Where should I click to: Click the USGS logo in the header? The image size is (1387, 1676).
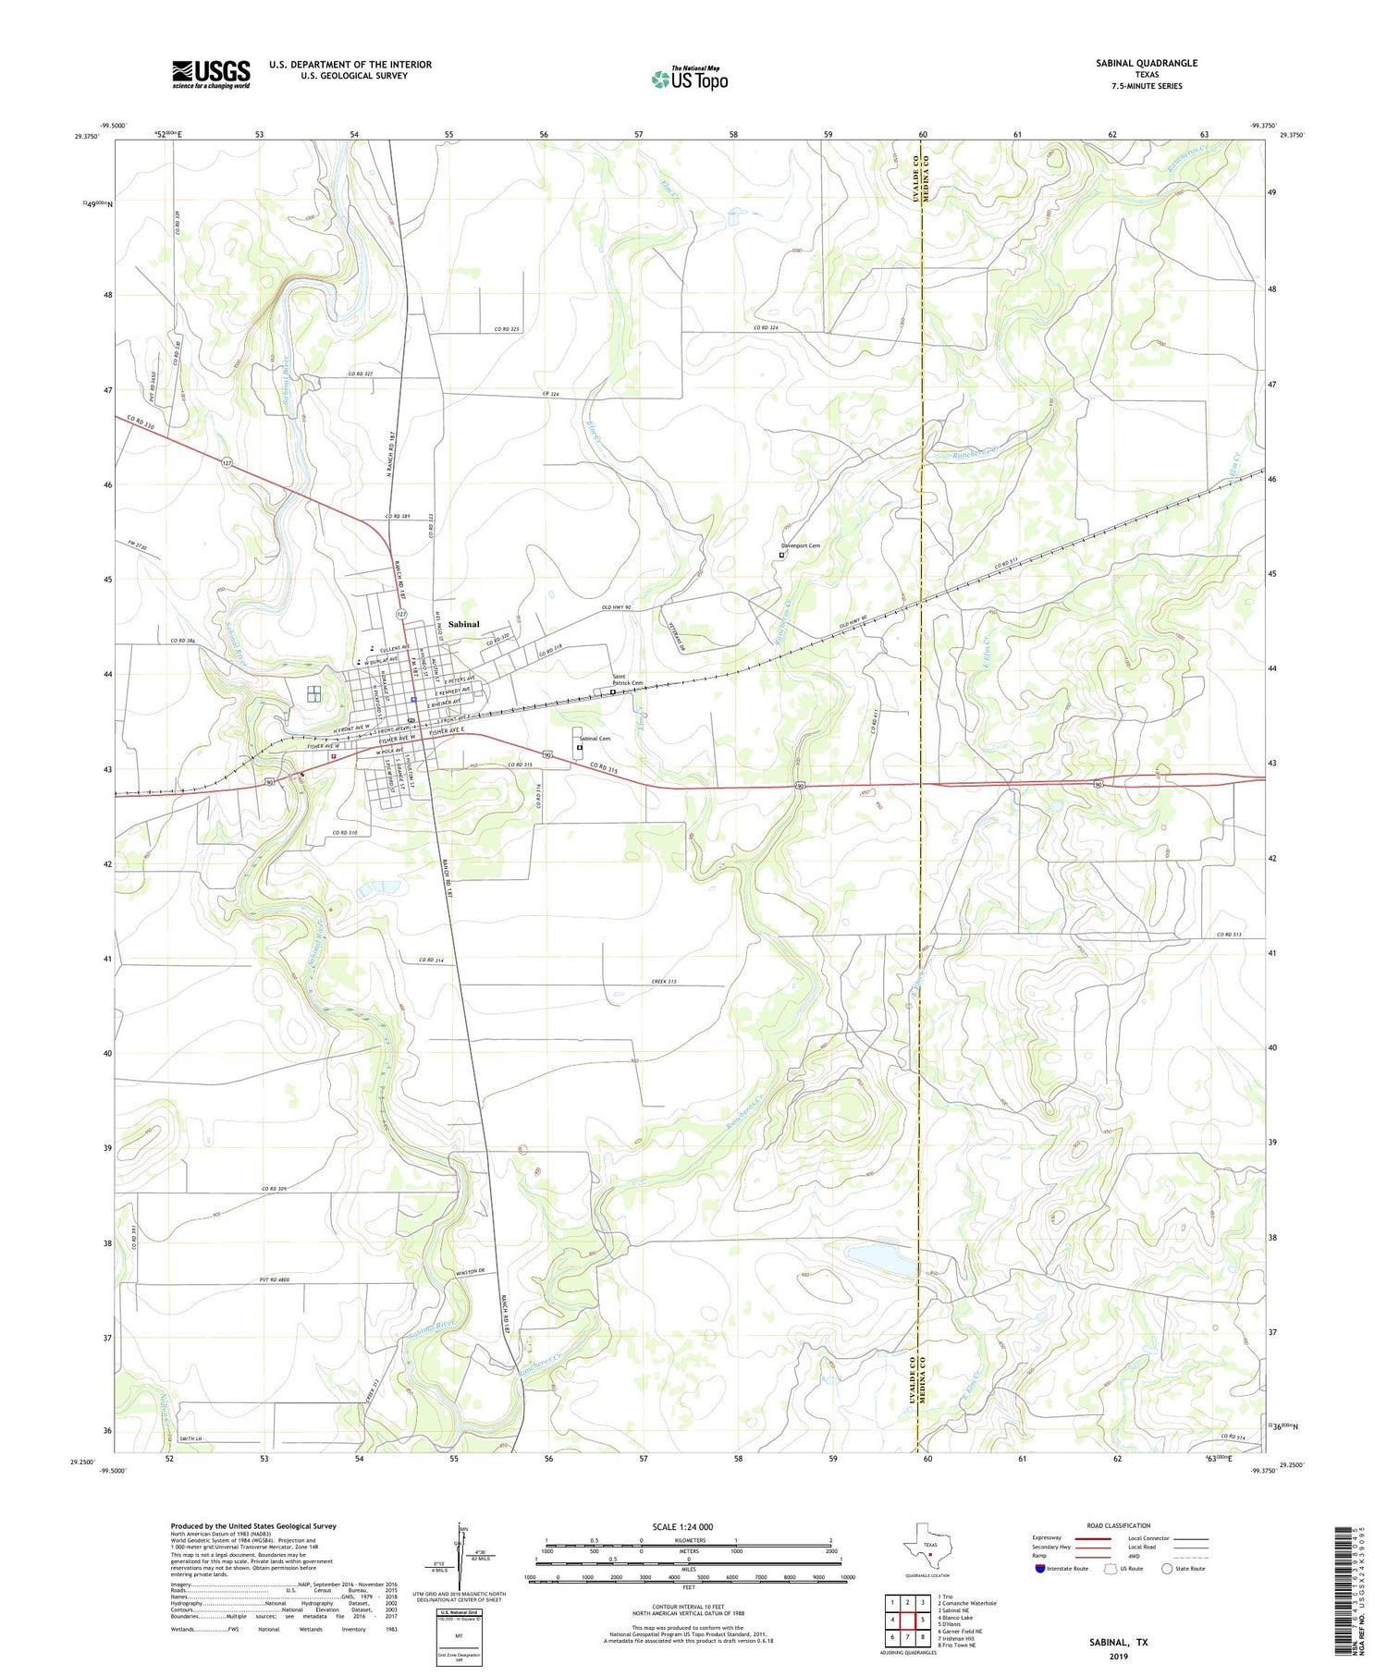[211, 74]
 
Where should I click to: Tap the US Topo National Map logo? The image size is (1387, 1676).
[689, 79]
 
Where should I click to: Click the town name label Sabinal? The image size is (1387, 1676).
[463, 624]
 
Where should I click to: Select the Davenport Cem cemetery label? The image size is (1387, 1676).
[801, 546]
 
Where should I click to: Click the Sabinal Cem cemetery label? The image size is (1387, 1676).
[594, 739]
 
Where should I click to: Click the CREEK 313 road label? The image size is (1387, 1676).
[665, 981]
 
